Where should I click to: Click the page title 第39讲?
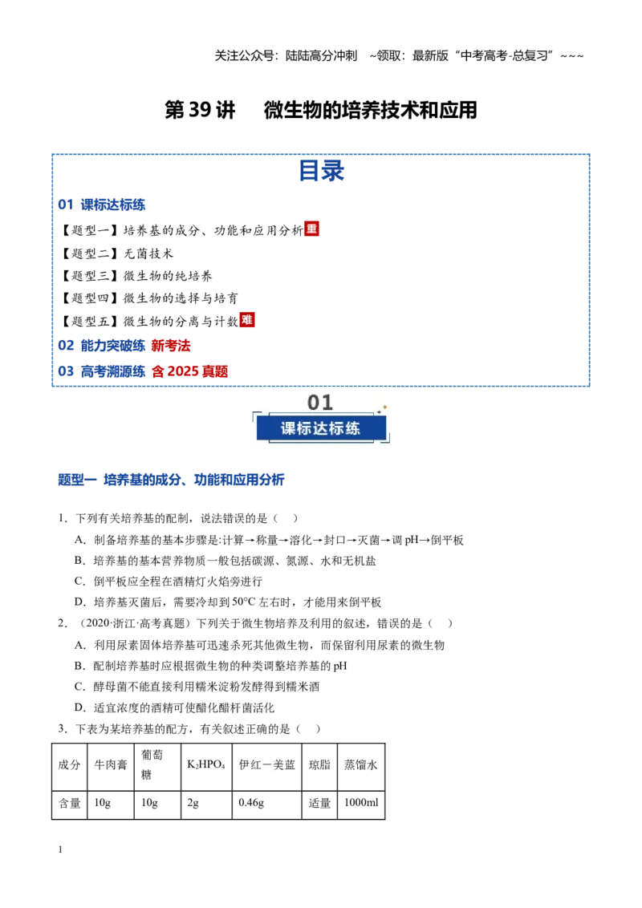[200, 109]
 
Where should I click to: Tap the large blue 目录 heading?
[321, 171]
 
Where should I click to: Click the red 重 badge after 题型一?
[311, 229]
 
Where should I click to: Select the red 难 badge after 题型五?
[247, 320]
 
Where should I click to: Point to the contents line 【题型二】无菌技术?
[117, 253]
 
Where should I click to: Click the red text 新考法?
[171, 346]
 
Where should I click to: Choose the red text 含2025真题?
[190, 371]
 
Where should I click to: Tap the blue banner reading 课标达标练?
[321, 428]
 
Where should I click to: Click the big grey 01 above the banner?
[320, 403]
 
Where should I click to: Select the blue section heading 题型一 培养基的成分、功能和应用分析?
[171, 480]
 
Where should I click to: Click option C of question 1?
[169, 582]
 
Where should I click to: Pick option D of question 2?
[174, 707]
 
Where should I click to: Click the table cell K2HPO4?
[206, 765]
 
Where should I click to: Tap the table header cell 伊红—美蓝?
[267, 765]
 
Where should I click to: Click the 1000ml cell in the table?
[361, 803]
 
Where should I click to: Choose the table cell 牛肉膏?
[111, 765]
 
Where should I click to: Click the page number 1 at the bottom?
[60, 849]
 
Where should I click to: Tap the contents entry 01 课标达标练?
[101, 205]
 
